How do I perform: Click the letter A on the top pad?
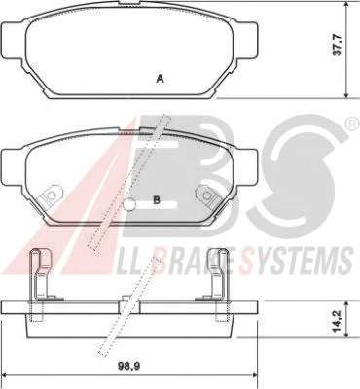pyautogui.click(x=160, y=79)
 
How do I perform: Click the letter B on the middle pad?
pyautogui.click(x=157, y=200)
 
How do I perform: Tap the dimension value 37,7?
pyautogui.click(x=338, y=46)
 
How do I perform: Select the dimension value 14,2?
pyautogui.click(x=338, y=322)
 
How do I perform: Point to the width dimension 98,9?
pyautogui.click(x=128, y=367)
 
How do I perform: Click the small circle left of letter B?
pyautogui.click(x=129, y=204)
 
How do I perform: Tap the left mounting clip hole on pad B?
pyautogui.click(x=51, y=195)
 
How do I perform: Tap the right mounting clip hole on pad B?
pyautogui.click(x=207, y=195)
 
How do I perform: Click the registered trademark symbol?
pyautogui.click(x=352, y=124)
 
